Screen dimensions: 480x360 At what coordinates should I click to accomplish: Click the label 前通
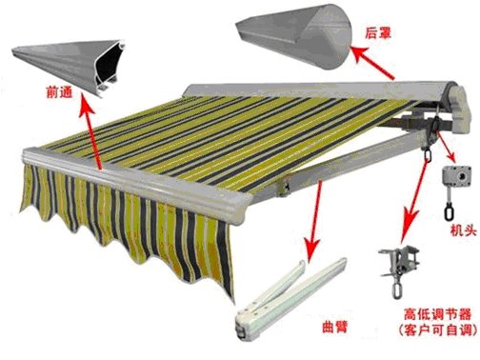pyautogui.click(x=60, y=92)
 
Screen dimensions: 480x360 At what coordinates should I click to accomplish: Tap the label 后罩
pyautogui.click(x=378, y=32)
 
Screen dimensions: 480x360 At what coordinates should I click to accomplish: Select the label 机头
pyautogui.click(x=464, y=230)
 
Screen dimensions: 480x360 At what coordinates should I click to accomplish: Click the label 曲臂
pyautogui.click(x=335, y=327)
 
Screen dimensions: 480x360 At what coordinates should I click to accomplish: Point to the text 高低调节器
pyautogui.click(x=437, y=314)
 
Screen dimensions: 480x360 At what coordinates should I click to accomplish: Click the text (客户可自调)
pyautogui.click(x=438, y=330)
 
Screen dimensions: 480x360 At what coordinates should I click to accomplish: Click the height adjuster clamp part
pyautogui.click(x=399, y=270)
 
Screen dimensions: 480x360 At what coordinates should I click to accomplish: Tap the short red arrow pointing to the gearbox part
pyautogui.click(x=445, y=146)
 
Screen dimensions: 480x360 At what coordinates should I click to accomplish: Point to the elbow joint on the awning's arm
pyautogui.click(x=285, y=185)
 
